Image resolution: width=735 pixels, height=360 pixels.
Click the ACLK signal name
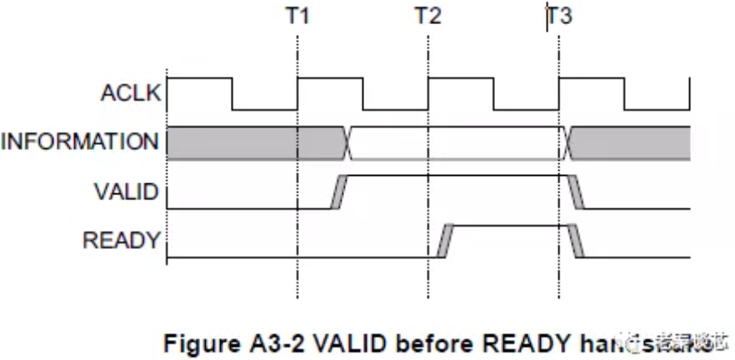point(130,92)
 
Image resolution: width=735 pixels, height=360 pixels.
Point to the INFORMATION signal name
point(80,142)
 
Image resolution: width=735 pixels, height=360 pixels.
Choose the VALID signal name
point(127,192)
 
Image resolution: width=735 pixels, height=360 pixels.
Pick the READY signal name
point(122,241)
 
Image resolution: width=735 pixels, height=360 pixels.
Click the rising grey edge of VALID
point(338,192)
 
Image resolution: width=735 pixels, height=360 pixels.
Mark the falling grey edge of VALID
point(576,192)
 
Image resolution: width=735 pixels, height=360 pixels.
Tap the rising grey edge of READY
point(445,242)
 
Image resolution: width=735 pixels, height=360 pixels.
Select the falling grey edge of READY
point(576,242)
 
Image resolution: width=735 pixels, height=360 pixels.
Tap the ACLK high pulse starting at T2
point(460,80)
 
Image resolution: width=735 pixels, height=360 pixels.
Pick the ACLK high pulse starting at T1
point(330,80)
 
